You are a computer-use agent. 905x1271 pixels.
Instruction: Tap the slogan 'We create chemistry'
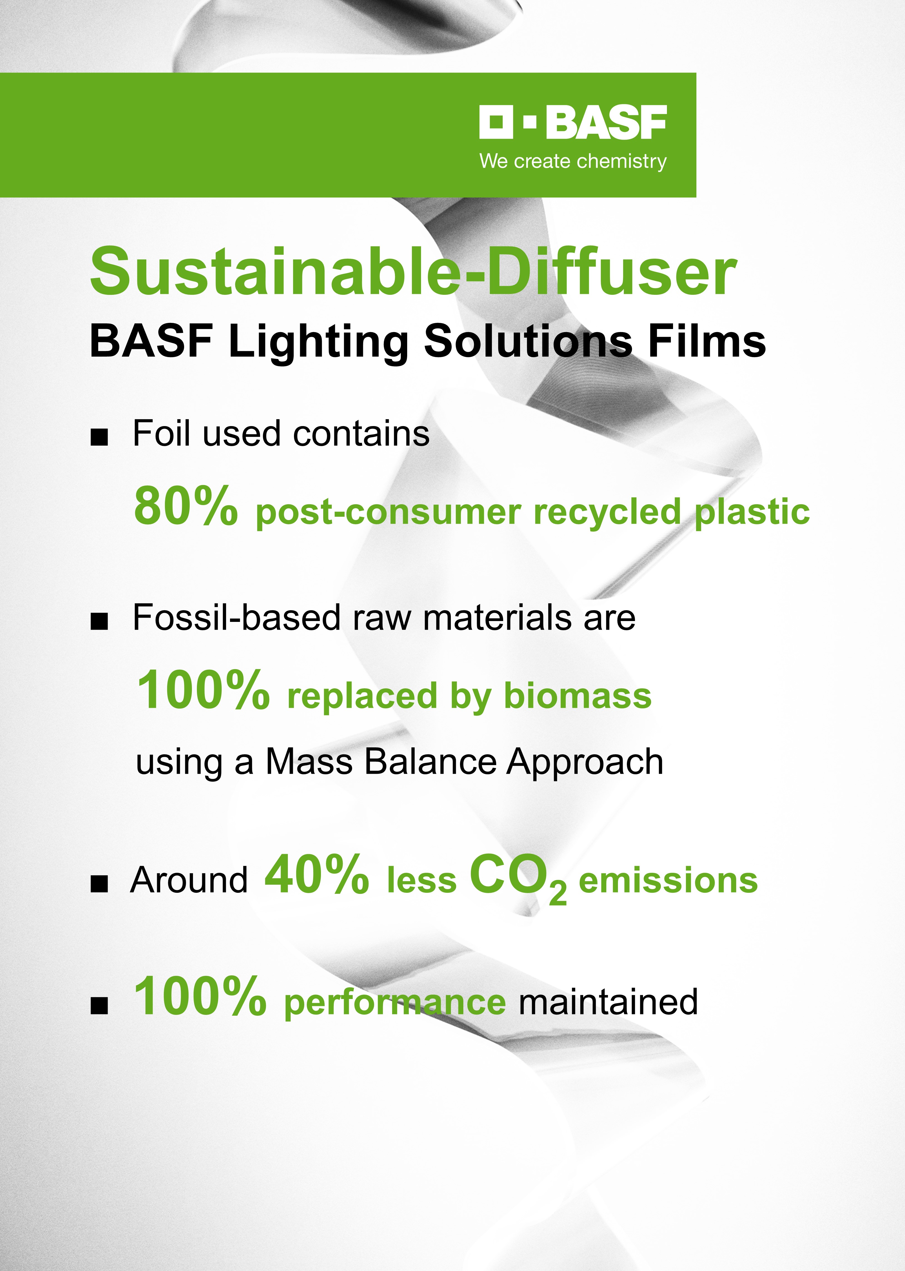pyautogui.click(x=573, y=162)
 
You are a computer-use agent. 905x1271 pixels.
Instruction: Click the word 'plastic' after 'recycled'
pyautogui.click(x=752, y=513)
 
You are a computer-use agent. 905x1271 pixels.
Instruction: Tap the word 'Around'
pyautogui.click(x=189, y=881)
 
